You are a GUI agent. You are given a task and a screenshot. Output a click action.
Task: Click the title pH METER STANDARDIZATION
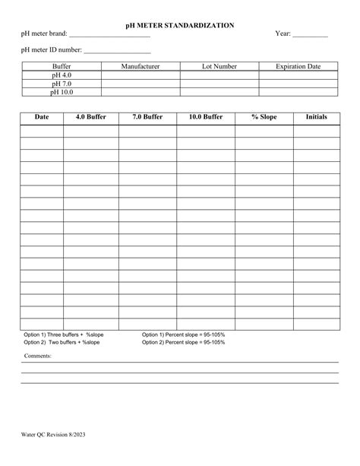click(180, 25)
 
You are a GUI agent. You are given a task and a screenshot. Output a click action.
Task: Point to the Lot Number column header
click(219, 67)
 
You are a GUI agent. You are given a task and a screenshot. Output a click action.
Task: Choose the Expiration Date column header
click(298, 67)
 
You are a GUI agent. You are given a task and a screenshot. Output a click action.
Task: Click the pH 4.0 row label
click(62, 75)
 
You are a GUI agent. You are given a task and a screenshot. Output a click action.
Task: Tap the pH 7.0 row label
click(62, 84)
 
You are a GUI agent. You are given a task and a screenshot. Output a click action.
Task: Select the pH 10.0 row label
click(62, 92)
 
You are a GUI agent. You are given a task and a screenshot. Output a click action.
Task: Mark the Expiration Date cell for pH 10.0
click(298, 92)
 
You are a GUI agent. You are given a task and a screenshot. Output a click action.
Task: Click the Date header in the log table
click(42, 118)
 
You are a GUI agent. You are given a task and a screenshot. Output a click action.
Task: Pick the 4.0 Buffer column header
click(91, 118)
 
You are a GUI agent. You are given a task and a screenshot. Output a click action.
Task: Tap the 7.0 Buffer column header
click(147, 118)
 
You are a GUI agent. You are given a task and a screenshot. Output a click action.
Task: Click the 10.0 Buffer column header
click(205, 118)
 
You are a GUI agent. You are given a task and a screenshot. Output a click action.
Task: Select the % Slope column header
click(264, 118)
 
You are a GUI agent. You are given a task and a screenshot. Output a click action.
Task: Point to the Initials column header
click(316, 118)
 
